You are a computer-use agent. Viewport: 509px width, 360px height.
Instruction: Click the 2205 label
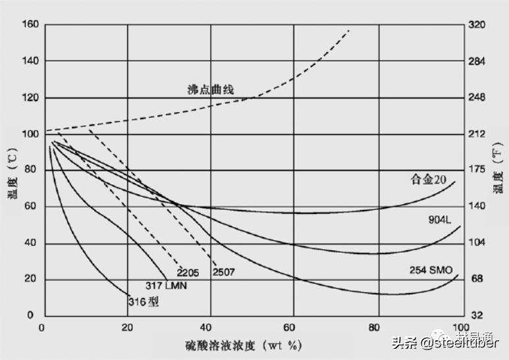(x=188, y=272)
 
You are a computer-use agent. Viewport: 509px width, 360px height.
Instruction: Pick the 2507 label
(x=224, y=272)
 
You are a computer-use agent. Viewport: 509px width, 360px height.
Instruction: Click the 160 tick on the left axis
(x=31, y=25)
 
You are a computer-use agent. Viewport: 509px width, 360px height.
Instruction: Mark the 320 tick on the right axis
(x=476, y=25)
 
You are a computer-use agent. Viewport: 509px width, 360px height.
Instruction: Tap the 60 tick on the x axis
(x=293, y=327)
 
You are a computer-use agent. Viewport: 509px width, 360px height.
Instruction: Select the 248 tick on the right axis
(x=476, y=97)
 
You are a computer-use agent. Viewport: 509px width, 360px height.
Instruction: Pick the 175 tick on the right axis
(x=476, y=170)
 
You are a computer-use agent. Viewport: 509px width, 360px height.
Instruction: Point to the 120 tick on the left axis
(x=31, y=97)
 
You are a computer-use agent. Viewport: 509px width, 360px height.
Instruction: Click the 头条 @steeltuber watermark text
(x=445, y=342)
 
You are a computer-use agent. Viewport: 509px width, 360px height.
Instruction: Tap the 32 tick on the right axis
(x=476, y=315)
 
